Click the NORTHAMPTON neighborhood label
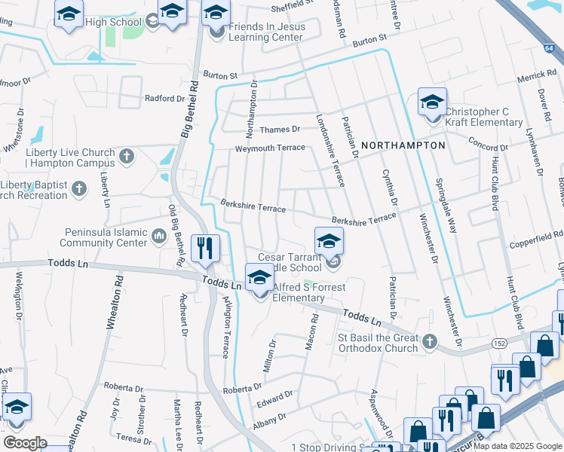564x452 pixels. coord(403,145)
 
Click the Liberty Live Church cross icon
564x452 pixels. coord(127,157)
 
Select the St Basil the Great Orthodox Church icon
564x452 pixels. coord(430,343)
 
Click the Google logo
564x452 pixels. coord(25,443)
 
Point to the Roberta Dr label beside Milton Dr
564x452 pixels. coord(243,388)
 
